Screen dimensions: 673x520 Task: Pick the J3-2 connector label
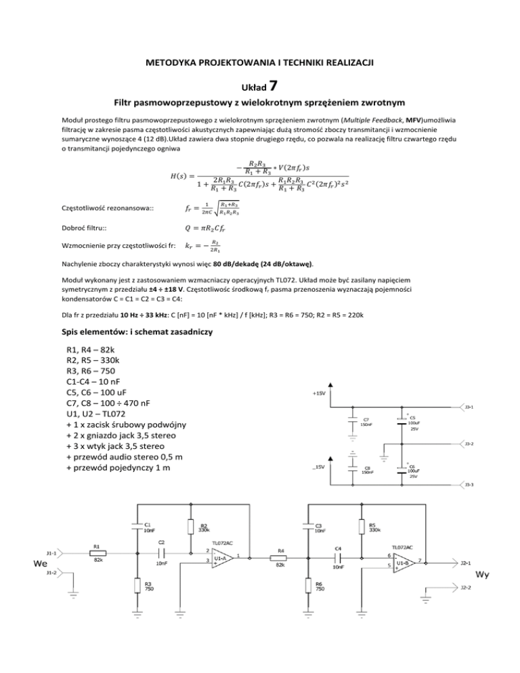pyautogui.click(x=469, y=444)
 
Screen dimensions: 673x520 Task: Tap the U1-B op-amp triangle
pyautogui.click(x=405, y=562)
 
